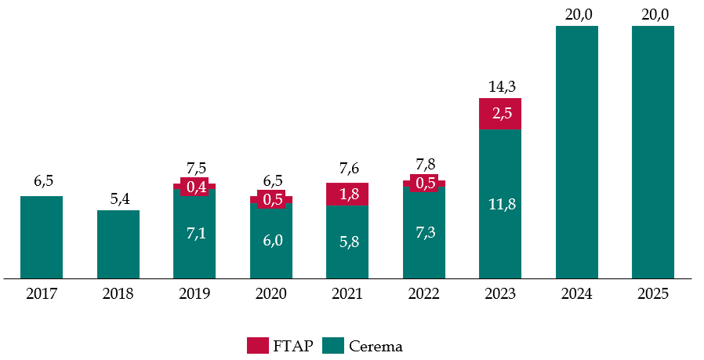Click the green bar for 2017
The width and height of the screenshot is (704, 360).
click(x=42, y=237)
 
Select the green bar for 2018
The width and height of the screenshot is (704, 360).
click(x=118, y=244)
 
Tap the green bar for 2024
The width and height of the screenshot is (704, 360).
click(x=577, y=152)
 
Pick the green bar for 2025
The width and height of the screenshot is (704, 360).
click(x=653, y=152)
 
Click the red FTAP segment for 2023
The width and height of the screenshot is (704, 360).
click(x=500, y=114)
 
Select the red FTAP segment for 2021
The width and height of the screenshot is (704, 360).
click(x=347, y=194)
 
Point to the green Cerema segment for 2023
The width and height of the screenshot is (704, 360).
click(x=500, y=204)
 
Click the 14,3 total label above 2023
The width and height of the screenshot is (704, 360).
click(x=500, y=87)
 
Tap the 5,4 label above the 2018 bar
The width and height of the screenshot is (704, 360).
click(x=119, y=198)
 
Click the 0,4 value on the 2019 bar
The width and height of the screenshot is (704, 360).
click(x=194, y=187)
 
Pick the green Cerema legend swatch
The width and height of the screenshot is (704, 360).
click(x=333, y=345)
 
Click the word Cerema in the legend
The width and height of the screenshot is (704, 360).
click(x=376, y=345)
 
